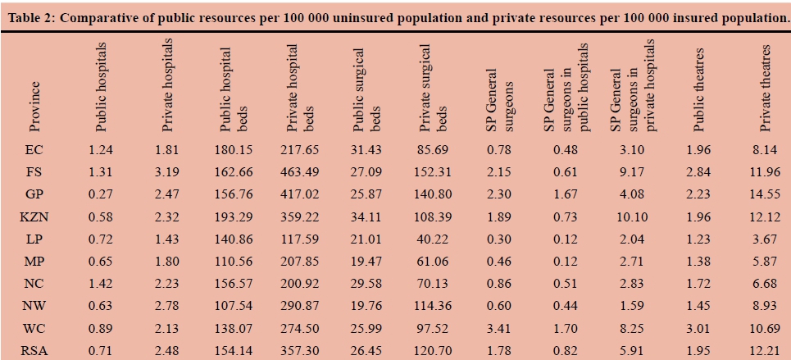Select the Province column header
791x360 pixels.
click(x=34, y=106)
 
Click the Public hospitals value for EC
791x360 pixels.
click(x=102, y=149)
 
